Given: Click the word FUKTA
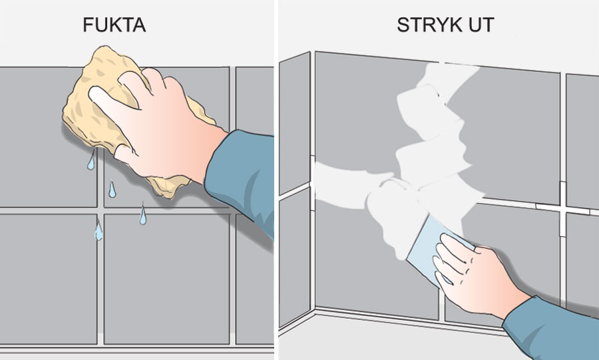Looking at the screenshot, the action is [x=114, y=25].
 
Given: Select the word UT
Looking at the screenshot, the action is [x=481, y=25].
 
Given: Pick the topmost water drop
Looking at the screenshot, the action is [x=91, y=160].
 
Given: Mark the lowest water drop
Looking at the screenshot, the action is [x=99, y=231].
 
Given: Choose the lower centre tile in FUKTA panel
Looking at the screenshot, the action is [x=166, y=279].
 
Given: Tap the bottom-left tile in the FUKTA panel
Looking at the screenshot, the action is [x=48, y=279].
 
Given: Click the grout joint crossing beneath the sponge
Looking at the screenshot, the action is [x=100, y=210].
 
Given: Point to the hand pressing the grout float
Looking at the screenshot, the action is [x=477, y=275].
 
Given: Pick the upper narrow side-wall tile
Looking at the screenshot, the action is [x=295, y=123].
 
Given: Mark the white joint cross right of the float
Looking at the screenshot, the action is [x=562, y=209].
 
